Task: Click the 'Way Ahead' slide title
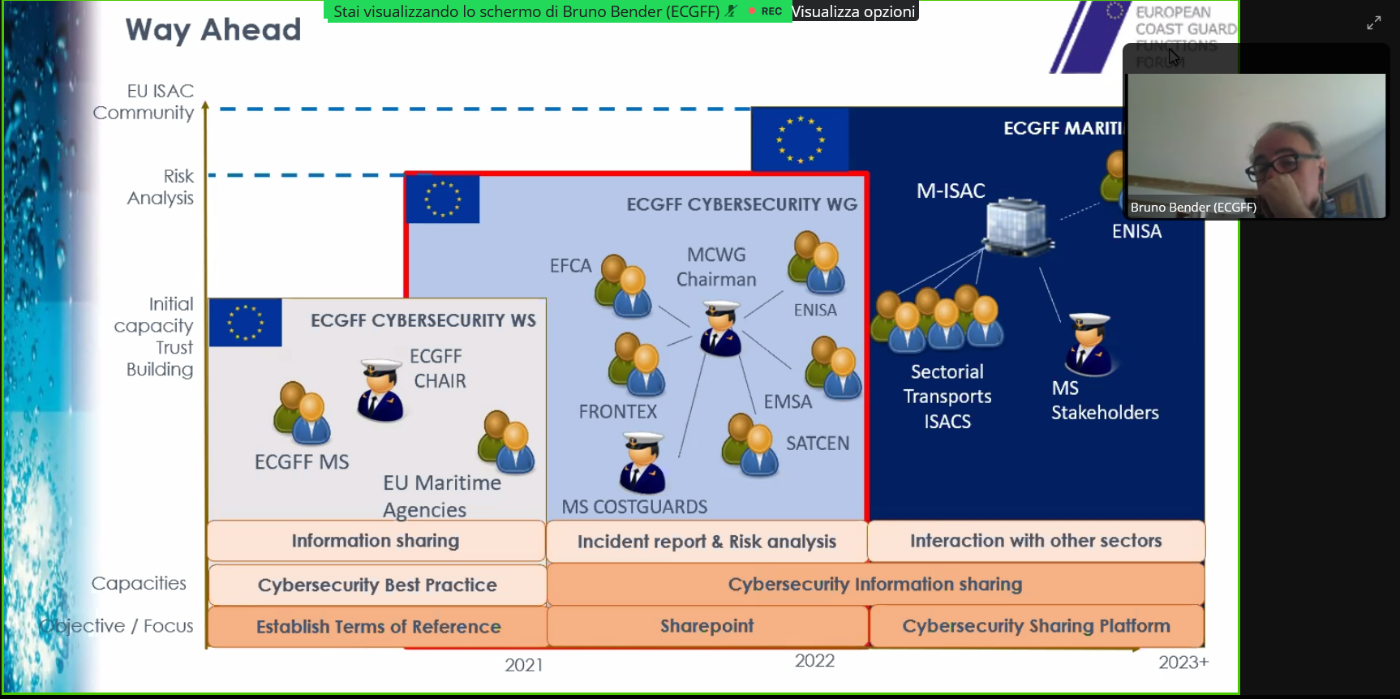coord(213,30)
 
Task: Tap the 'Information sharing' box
coord(376,541)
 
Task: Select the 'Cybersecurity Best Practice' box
coord(377,585)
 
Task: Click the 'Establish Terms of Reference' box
coord(378,627)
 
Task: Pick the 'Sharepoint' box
coord(706,626)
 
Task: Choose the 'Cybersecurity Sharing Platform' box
coord(1036,626)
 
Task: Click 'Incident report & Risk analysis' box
coord(706,542)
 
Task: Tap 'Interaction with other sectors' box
coord(1036,541)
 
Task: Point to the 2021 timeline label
coord(524,665)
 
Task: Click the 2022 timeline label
coord(814,661)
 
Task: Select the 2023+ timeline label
coord(1183,663)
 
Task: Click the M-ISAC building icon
coord(1017,226)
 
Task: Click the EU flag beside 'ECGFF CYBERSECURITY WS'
coord(246,323)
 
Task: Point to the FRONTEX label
coord(618,412)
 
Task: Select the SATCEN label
coord(818,444)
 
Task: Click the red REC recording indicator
coord(766,11)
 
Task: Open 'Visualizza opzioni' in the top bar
coord(853,11)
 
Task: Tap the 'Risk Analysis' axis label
coord(161,187)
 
